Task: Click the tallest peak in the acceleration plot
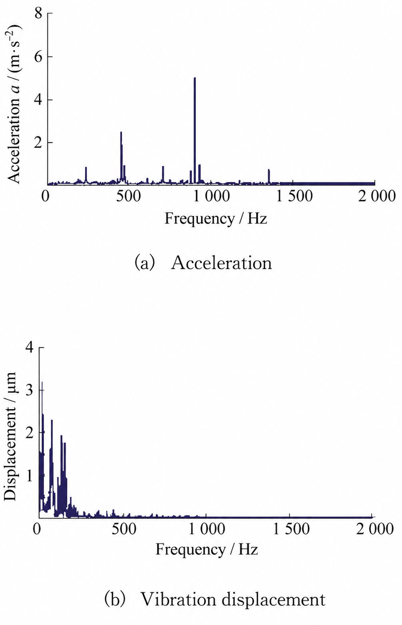coord(195,78)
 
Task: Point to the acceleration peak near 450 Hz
coord(121,132)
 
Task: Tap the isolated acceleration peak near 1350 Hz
coord(269,170)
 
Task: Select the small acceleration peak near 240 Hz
coord(86,167)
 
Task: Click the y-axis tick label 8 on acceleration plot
coord(38,13)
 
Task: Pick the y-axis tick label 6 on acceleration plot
coord(38,57)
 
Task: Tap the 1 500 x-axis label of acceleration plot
coord(294,196)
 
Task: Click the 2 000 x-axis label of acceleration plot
coord(377,196)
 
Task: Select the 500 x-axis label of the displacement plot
coord(124,528)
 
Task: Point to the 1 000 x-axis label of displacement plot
coord(207,528)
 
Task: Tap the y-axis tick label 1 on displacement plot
coord(30,476)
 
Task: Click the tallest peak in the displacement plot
coord(42,383)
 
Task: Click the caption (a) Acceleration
coord(203,263)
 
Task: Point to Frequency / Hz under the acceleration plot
coord(216,219)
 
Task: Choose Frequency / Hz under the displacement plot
coord(207,549)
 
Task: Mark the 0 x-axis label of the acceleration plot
coord(46,196)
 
